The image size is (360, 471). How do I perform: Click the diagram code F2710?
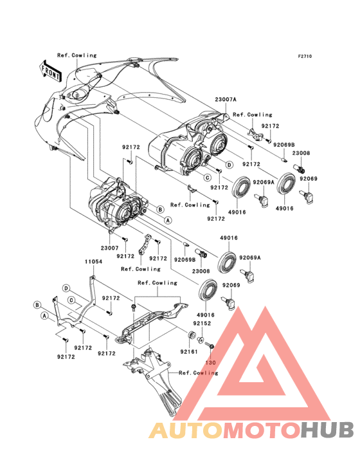[305, 56]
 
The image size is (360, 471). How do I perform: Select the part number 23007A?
[225, 100]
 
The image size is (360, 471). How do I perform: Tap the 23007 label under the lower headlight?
[109, 248]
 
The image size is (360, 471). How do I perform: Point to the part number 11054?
[93, 262]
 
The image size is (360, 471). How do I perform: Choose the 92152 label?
[202, 323]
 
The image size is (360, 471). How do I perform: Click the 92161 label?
[189, 351]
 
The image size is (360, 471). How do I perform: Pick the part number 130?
[210, 362]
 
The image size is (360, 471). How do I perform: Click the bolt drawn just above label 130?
[209, 346]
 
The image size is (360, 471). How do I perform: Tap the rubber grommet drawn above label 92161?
[191, 334]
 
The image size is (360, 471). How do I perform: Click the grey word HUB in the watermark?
[328, 430]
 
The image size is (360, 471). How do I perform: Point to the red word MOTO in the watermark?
[262, 430]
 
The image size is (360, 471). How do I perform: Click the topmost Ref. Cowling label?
[77, 55]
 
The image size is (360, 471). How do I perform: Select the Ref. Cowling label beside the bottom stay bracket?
[198, 373]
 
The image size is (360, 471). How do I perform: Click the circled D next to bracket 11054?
[66, 288]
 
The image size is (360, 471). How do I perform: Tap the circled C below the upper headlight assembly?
[207, 178]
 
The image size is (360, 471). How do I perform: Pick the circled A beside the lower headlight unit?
[168, 220]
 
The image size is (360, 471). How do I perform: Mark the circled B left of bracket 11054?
[37, 305]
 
